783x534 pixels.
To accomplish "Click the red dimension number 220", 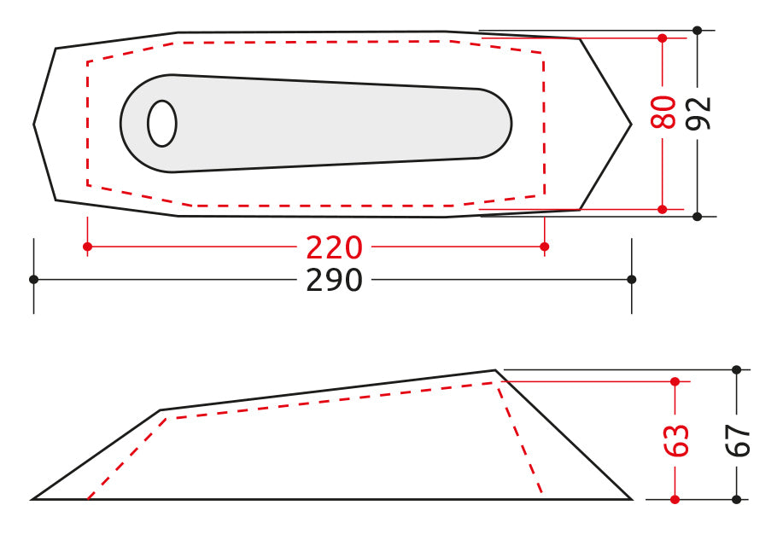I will pyautogui.click(x=335, y=247).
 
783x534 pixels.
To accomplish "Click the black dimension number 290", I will pyautogui.click(x=335, y=280).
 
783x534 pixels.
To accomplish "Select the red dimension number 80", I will pyautogui.click(x=663, y=113).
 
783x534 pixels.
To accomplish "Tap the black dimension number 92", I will pyautogui.click(x=699, y=113).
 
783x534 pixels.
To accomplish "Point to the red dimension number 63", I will pyautogui.click(x=675, y=440).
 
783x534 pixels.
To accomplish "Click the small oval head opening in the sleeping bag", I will pyautogui.click(x=162, y=124).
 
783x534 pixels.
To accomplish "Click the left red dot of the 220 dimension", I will pyautogui.click(x=87, y=247).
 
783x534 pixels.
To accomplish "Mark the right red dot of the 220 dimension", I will pyautogui.click(x=545, y=247).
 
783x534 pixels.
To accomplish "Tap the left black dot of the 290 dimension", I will pyautogui.click(x=33, y=279).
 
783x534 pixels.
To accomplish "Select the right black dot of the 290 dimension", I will pyautogui.click(x=632, y=279).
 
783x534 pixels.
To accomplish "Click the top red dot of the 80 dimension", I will pyautogui.click(x=663, y=38).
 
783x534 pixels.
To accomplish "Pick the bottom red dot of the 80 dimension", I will pyautogui.click(x=663, y=209).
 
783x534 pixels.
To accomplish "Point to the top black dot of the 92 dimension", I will pyautogui.click(x=698, y=31).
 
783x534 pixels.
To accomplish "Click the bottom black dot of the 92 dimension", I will pyautogui.click(x=698, y=217).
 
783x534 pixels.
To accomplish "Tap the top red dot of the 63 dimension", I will pyautogui.click(x=675, y=380).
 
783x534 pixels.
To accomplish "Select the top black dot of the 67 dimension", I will pyautogui.click(x=737, y=369).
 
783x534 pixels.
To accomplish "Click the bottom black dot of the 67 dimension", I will pyautogui.click(x=737, y=499).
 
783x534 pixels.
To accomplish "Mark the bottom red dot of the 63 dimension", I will pyautogui.click(x=675, y=499).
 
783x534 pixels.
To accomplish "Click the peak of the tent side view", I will pyautogui.click(x=495, y=370).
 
